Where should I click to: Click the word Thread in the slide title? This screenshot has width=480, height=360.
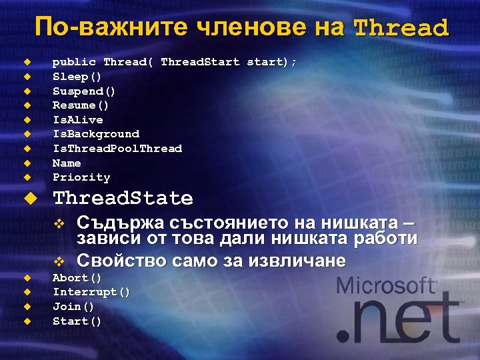[x=401, y=28]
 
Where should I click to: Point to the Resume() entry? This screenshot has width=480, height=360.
[x=81, y=105]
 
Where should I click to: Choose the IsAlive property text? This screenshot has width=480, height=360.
[x=78, y=120]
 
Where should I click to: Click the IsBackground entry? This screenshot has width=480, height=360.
[x=96, y=134]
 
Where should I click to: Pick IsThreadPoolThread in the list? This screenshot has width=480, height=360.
[x=117, y=149]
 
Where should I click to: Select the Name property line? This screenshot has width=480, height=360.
[x=67, y=163]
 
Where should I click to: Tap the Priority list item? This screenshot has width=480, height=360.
[x=81, y=178]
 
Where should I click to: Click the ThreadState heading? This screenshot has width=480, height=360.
[x=123, y=199]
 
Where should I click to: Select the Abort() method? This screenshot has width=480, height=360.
[x=77, y=278]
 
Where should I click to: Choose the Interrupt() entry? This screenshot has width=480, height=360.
[x=91, y=292]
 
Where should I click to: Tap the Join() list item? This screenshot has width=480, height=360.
[x=73, y=307]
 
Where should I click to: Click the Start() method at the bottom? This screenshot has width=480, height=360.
[x=77, y=321]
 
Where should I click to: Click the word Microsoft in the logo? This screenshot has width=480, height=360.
[x=386, y=287]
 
